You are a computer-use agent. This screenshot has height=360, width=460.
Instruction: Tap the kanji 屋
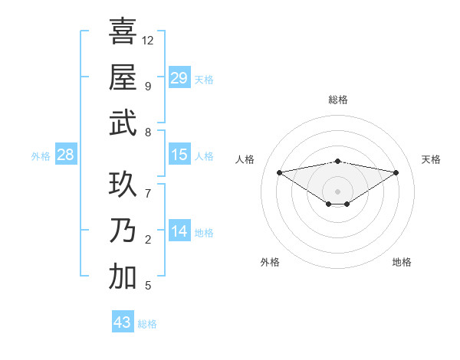pos(123,77)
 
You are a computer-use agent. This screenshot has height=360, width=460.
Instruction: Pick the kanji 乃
pos(123,231)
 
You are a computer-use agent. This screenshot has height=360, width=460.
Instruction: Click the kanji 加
pos(123,277)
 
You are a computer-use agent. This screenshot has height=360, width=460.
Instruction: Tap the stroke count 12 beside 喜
pos(148,40)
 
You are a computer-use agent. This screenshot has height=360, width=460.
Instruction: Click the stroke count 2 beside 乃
pos(148,240)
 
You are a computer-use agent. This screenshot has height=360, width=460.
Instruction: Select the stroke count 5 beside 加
pos(148,286)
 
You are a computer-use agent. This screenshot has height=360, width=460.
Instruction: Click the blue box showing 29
pos(179,77)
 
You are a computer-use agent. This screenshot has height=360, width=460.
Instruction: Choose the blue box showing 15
pos(179,155)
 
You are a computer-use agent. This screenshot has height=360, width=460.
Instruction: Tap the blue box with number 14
pos(179,231)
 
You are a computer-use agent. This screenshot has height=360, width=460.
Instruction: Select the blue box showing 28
pos(65,155)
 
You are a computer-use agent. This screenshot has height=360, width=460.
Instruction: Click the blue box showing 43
pos(122,322)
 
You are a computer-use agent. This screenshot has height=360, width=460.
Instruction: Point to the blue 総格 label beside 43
pos(147,324)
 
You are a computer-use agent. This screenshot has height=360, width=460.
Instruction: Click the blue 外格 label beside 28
pos(41,156)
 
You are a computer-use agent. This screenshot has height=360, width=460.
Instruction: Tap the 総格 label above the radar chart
pos(337,100)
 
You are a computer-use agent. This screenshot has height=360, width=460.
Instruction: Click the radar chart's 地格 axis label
pos(402,262)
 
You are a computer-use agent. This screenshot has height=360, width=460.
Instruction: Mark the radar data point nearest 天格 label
pos(396,172)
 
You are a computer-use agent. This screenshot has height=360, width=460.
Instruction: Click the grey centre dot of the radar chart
pos(337,191)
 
